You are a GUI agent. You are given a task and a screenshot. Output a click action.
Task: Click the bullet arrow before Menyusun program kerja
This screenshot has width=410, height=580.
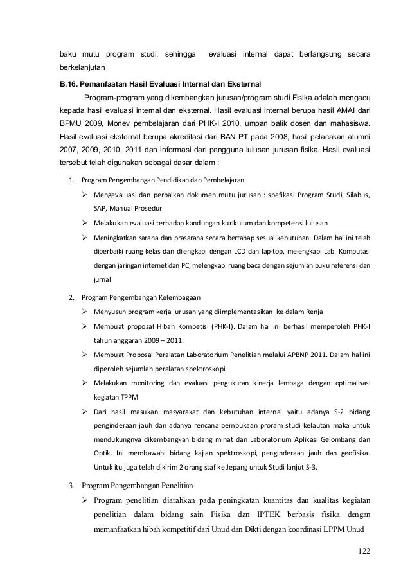coord(84,312)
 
